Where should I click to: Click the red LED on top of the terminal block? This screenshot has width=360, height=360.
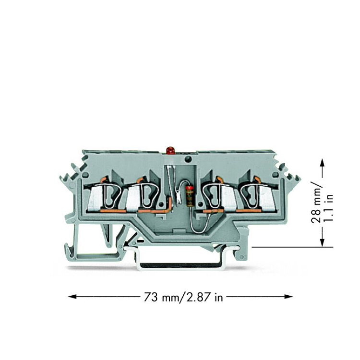coord(170,150)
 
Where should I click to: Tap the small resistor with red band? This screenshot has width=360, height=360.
coord(190,196)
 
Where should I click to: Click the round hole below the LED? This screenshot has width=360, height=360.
coord(188,158)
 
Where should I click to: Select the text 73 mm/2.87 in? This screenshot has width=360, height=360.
coord(183,297)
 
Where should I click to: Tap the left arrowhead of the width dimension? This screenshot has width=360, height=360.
coord(72,297)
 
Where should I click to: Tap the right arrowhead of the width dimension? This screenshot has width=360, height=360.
coord(288,297)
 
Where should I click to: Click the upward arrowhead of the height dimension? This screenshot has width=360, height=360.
coord(323,164)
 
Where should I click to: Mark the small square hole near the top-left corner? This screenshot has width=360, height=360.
coord(85,175)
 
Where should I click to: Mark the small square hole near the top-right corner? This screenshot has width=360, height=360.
coord(275,175)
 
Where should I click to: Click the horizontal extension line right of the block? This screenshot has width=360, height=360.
coord(292,247)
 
